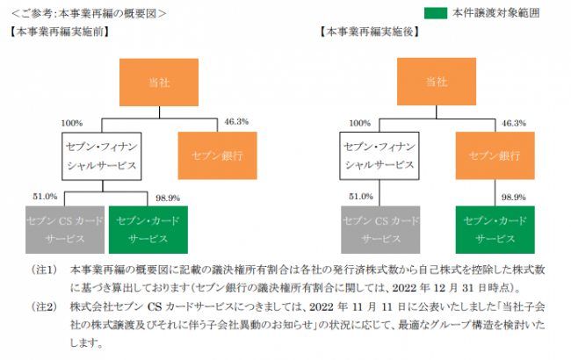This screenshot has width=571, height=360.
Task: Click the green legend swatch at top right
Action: [x=434, y=13]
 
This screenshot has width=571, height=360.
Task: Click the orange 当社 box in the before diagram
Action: [x=154, y=81]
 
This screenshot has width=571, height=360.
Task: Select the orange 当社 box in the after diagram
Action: [x=436, y=81]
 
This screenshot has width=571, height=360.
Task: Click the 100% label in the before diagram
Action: [x=74, y=122]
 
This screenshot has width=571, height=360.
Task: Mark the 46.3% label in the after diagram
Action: [x=514, y=122]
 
